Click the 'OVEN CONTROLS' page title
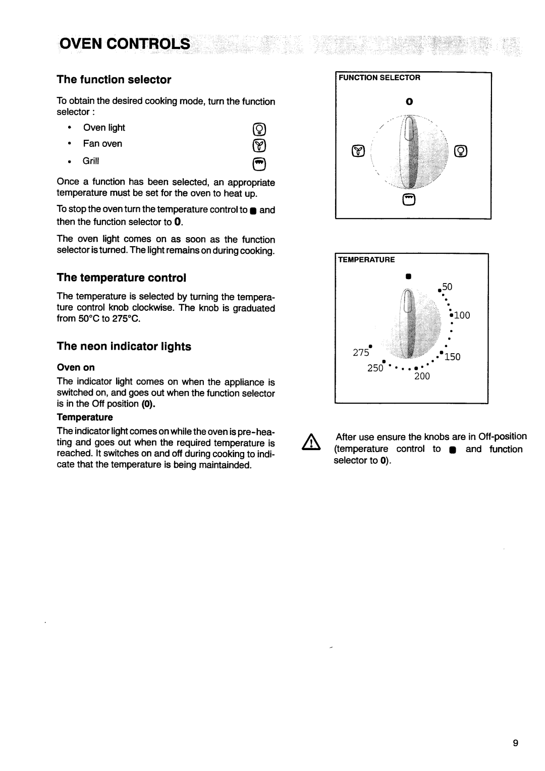[x=124, y=44]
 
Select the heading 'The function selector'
[x=114, y=80]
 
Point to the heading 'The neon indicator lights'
[x=124, y=346]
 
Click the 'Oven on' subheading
[x=76, y=367]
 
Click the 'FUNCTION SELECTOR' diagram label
[x=379, y=78]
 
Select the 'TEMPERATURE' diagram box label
[x=366, y=260]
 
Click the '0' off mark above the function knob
[x=410, y=101]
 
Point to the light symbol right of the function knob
[x=460, y=151]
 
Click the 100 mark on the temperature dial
[x=461, y=316]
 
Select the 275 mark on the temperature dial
[x=361, y=353]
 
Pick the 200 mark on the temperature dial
[x=421, y=376]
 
